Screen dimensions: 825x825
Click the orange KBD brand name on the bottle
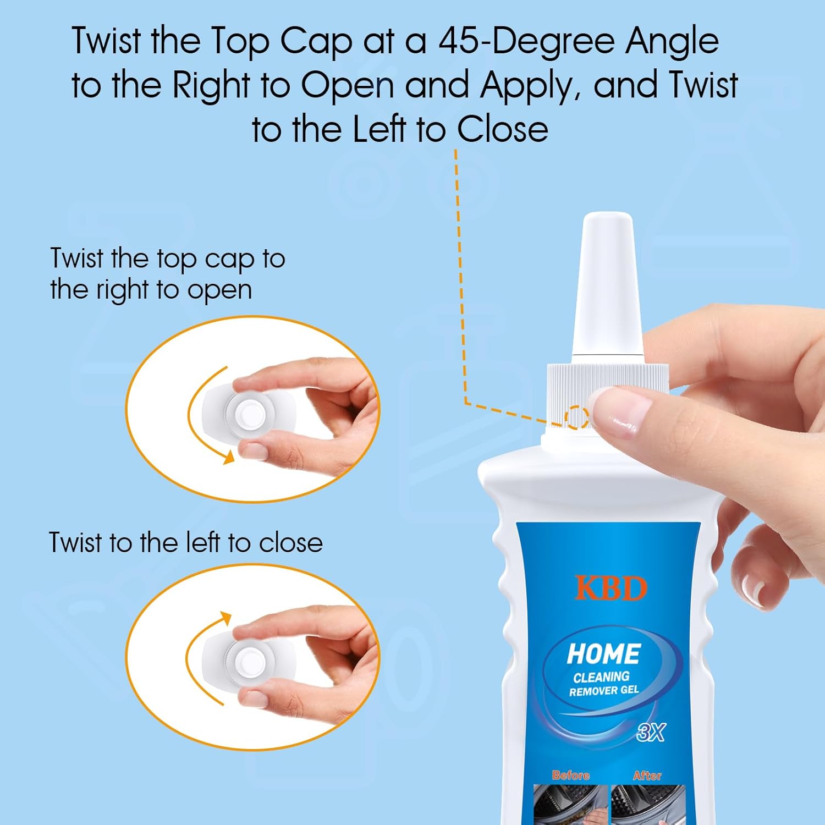coord(610,588)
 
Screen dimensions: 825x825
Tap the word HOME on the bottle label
coord(604,654)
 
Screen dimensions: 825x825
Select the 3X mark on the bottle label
coord(651,732)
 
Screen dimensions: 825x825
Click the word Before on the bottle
coord(571,775)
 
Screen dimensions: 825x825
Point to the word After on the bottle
coord(647,776)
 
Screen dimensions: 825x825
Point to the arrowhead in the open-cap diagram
coord(229,457)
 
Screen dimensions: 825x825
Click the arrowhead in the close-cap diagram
coord(225,619)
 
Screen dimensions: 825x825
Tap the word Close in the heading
coord(503,129)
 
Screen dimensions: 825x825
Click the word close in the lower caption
coord(291,542)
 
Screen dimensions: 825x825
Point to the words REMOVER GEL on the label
coord(604,690)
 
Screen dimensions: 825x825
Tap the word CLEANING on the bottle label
coord(602,676)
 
